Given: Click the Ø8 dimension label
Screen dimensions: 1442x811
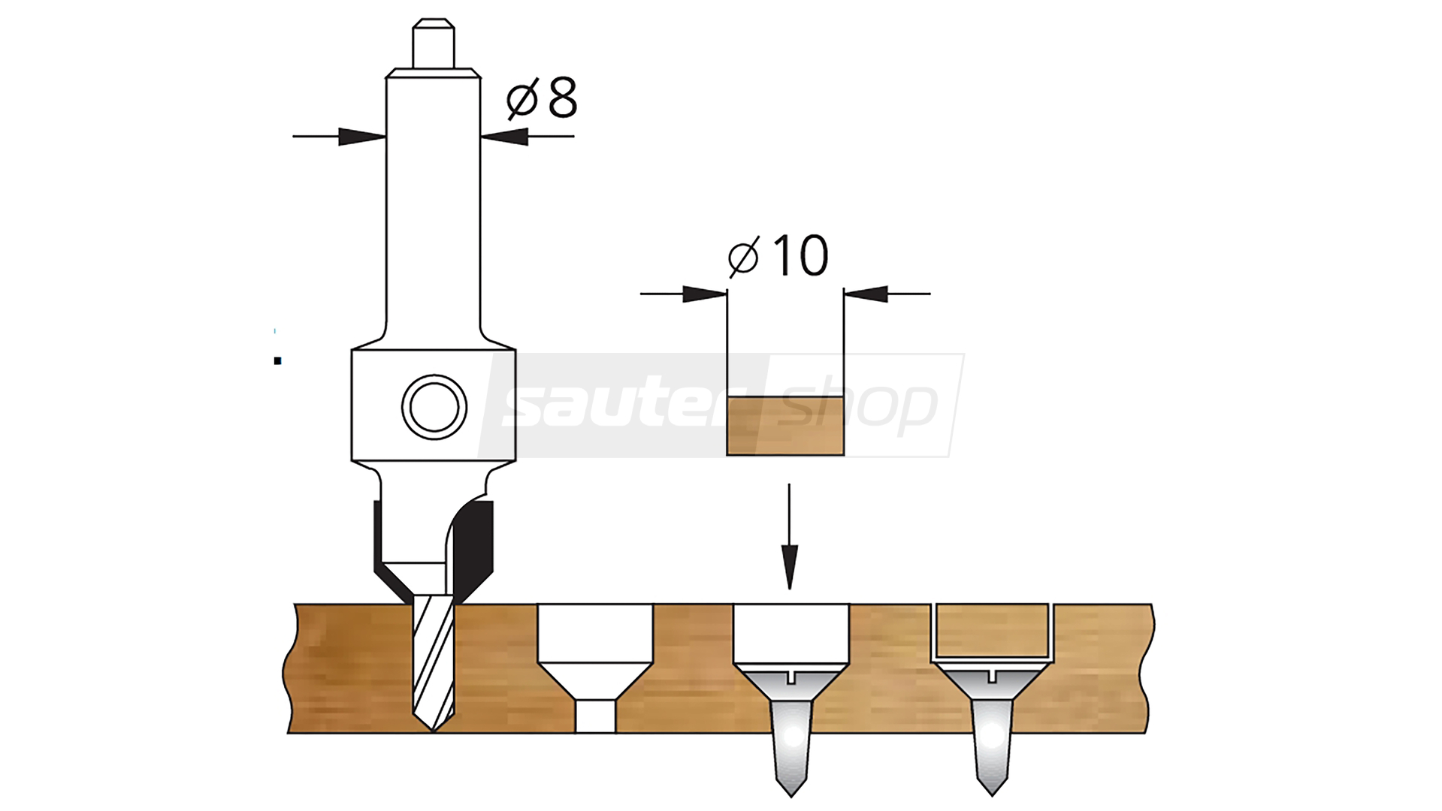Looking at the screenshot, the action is [541, 98].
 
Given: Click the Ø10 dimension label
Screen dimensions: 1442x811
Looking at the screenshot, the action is [778, 255].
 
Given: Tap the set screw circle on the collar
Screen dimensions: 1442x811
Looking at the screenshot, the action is [434, 407].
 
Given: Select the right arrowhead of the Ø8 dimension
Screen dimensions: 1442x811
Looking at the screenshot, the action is [504, 137].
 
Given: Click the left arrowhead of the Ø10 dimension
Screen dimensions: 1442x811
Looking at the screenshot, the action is [705, 294].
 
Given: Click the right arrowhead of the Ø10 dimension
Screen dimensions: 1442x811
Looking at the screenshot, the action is [866, 294].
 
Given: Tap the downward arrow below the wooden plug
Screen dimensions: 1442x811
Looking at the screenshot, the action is [789, 536].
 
